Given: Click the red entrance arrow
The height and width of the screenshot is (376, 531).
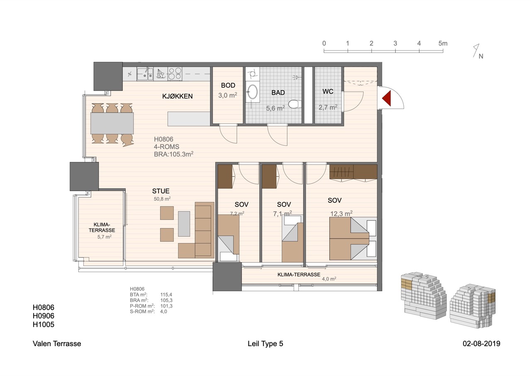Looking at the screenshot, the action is click(x=387, y=98).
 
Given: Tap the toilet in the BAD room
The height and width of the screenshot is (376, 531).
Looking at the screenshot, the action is click(x=295, y=104).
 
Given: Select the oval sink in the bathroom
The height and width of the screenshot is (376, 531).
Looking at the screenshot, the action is click(x=253, y=92).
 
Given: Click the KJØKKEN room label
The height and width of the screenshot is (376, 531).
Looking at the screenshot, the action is click(x=177, y=96).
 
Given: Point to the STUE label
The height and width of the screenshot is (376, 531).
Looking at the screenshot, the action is click(x=161, y=191).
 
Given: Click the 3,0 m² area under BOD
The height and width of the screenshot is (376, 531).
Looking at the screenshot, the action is click(x=228, y=95).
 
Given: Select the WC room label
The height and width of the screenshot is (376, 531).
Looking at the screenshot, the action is click(x=328, y=91).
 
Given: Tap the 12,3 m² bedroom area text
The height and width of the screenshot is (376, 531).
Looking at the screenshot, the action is click(x=341, y=214).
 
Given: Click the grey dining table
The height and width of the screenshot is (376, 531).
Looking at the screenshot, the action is click(x=112, y=123).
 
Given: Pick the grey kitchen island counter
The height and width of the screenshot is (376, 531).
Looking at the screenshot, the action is click(x=189, y=119).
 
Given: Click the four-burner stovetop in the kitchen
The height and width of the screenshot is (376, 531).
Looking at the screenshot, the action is click(x=175, y=74).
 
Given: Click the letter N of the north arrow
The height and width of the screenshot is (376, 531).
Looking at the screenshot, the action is click(x=481, y=56).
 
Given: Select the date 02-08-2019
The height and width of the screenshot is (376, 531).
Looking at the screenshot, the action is click(x=482, y=344).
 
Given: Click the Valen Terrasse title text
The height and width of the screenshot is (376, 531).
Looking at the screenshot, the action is click(x=57, y=344).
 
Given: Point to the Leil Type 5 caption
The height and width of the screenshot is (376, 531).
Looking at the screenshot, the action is click(x=265, y=344).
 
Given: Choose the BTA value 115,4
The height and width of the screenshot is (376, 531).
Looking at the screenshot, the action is click(x=166, y=295).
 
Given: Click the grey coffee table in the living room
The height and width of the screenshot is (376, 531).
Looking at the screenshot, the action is click(x=184, y=224).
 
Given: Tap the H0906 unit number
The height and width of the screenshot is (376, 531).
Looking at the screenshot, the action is click(x=44, y=316).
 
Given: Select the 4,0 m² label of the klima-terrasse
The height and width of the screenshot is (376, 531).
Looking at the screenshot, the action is click(x=329, y=279).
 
